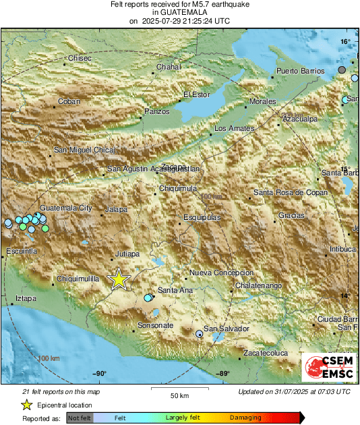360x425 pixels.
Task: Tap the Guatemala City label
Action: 66,208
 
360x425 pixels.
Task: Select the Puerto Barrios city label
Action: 301,71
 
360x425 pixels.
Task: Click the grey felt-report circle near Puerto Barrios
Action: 342,70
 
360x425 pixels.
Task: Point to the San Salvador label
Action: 227,329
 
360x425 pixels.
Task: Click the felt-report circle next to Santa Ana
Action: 148,297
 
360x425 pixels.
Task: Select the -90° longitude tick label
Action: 99,374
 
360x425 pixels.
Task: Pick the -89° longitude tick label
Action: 222,374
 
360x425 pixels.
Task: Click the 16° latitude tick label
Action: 345,42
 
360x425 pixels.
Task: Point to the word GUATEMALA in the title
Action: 179,12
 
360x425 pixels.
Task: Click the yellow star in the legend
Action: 26,405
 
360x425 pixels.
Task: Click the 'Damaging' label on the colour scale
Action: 246,418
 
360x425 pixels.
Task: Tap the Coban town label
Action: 69,101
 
